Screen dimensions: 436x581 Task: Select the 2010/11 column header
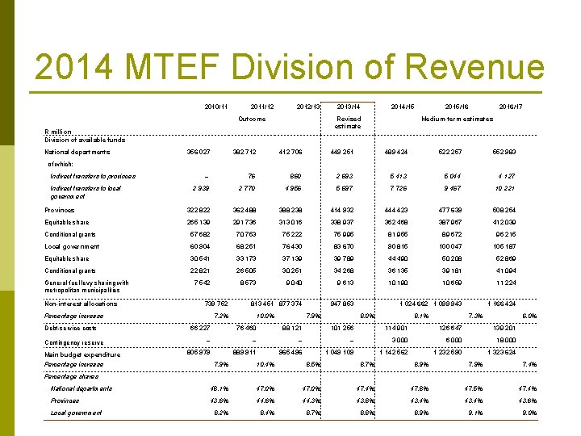coord(216,107)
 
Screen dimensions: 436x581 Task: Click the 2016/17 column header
coord(510,107)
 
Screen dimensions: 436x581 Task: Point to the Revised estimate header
coord(349,123)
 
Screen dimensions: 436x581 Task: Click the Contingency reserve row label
coord(75,342)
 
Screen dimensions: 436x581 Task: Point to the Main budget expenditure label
coord(82,354)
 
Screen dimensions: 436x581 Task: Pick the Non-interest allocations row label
coord(80,304)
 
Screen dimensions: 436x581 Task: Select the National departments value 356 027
coord(199,152)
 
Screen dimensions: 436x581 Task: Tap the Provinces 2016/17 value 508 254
coord(509,210)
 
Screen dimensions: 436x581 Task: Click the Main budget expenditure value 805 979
coord(198,354)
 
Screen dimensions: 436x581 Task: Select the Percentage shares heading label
coord(71,376)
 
